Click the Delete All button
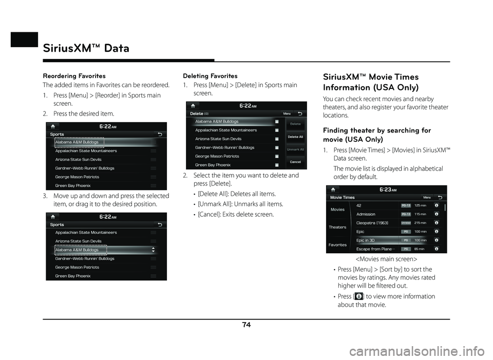pos(295,137)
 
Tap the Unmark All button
pos(295,149)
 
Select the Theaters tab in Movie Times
pos(337,227)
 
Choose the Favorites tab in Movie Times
pos(337,245)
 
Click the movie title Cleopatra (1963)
pos(372,223)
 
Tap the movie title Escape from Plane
pos(374,249)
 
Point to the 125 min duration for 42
pos(420,205)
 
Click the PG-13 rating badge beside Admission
pos(406,214)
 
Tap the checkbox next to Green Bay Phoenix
pos(277,165)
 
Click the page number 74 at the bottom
pos(246,325)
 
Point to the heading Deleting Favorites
pos(210,76)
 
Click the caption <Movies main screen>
pos(386,259)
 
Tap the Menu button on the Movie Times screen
pos(427,197)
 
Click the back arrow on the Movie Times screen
pos(440,197)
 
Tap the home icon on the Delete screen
pos(192,106)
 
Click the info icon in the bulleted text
pos(358,297)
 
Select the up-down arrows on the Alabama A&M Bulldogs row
pos(153,250)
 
